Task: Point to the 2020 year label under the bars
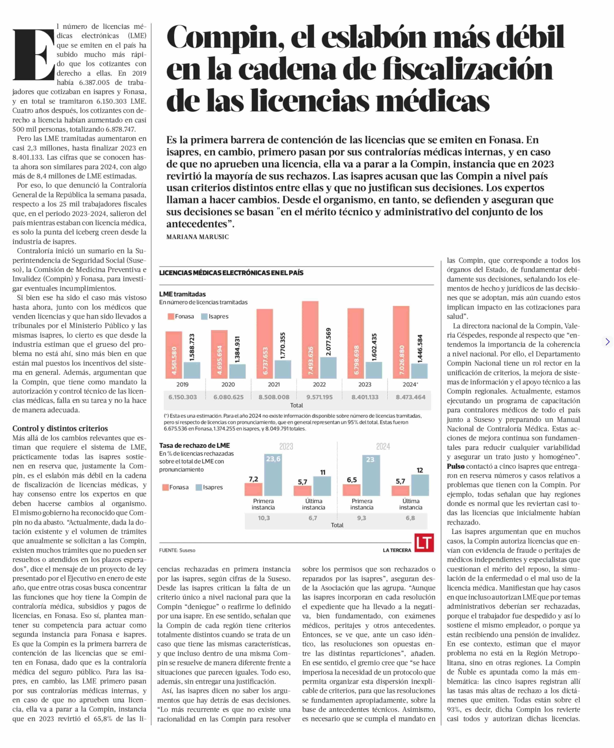tap(228, 384)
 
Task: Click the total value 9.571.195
tap(319, 397)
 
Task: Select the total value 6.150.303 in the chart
tap(183, 397)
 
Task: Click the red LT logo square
tap(424, 543)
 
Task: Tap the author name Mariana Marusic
tap(197, 237)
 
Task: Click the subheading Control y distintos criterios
tap(60, 428)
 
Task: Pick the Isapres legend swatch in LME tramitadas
tap(204, 316)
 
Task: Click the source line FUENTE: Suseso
tap(177, 550)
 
